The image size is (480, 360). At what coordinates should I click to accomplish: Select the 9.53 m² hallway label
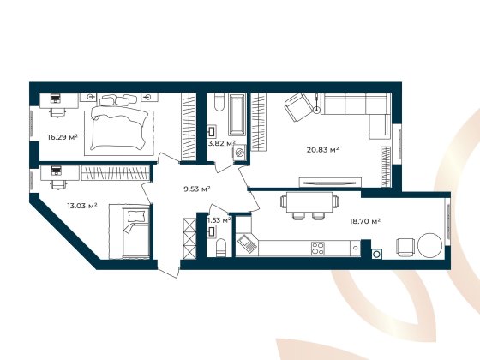pyautogui.click(x=198, y=189)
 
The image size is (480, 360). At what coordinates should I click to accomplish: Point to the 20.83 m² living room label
pyautogui.click(x=323, y=149)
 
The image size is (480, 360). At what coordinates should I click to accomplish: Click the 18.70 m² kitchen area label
pyautogui.click(x=363, y=220)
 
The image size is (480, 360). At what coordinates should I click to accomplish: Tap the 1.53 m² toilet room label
pyautogui.click(x=220, y=221)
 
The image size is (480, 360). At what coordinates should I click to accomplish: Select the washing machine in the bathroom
pyautogui.click(x=239, y=153)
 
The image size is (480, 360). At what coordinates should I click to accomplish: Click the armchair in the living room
pyautogui.click(x=297, y=108)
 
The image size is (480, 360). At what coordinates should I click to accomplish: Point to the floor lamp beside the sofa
pyautogui.click(x=317, y=105)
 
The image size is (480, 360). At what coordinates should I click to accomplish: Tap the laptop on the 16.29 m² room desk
pyautogui.click(x=56, y=99)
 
